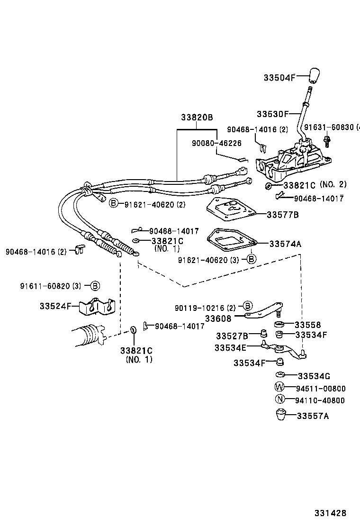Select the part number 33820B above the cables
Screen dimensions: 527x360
pos(197,118)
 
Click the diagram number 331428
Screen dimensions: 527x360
pos(330,513)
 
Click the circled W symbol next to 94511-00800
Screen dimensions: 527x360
pos(279,387)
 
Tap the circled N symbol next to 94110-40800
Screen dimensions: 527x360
pos(279,400)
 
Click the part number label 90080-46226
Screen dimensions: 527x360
pos(216,143)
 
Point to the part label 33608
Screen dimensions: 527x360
pos(218,319)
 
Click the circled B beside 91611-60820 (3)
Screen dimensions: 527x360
pos(95,286)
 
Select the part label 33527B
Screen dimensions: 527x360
pos(232,336)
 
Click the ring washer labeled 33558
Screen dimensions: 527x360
pos(280,325)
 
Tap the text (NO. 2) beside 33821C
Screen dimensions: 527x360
pos(333,184)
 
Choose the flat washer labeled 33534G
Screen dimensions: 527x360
pos(279,375)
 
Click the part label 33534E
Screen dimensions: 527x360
pos(230,347)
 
